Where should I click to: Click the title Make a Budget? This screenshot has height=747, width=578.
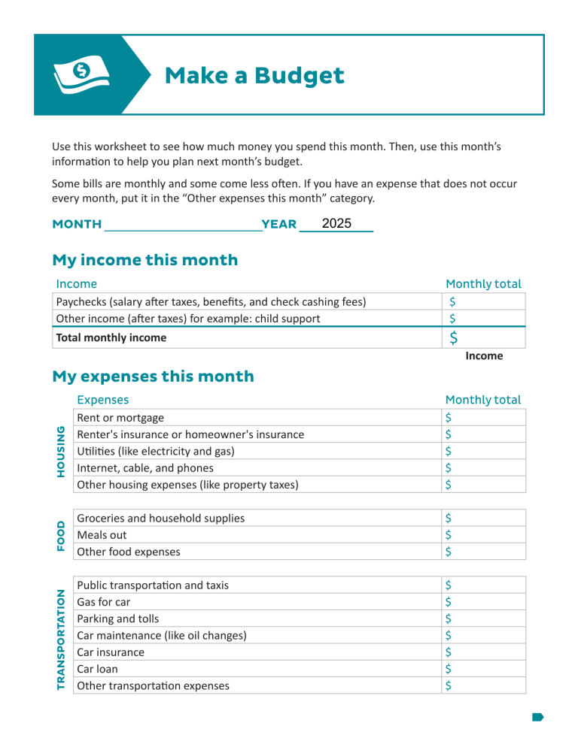pyautogui.click(x=254, y=75)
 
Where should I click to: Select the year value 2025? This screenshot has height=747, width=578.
pyautogui.click(x=336, y=224)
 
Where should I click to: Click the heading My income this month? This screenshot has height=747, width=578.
pyautogui.click(x=144, y=260)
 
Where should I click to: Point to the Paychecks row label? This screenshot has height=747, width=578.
pyautogui.click(x=211, y=302)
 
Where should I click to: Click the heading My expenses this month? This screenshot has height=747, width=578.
pyautogui.click(x=153, y=376)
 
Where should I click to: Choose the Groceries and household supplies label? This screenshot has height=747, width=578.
pyautogui.click(x=161, y=519)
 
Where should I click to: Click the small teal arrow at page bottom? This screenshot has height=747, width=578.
pyautogui.click(x=537, y=717)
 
